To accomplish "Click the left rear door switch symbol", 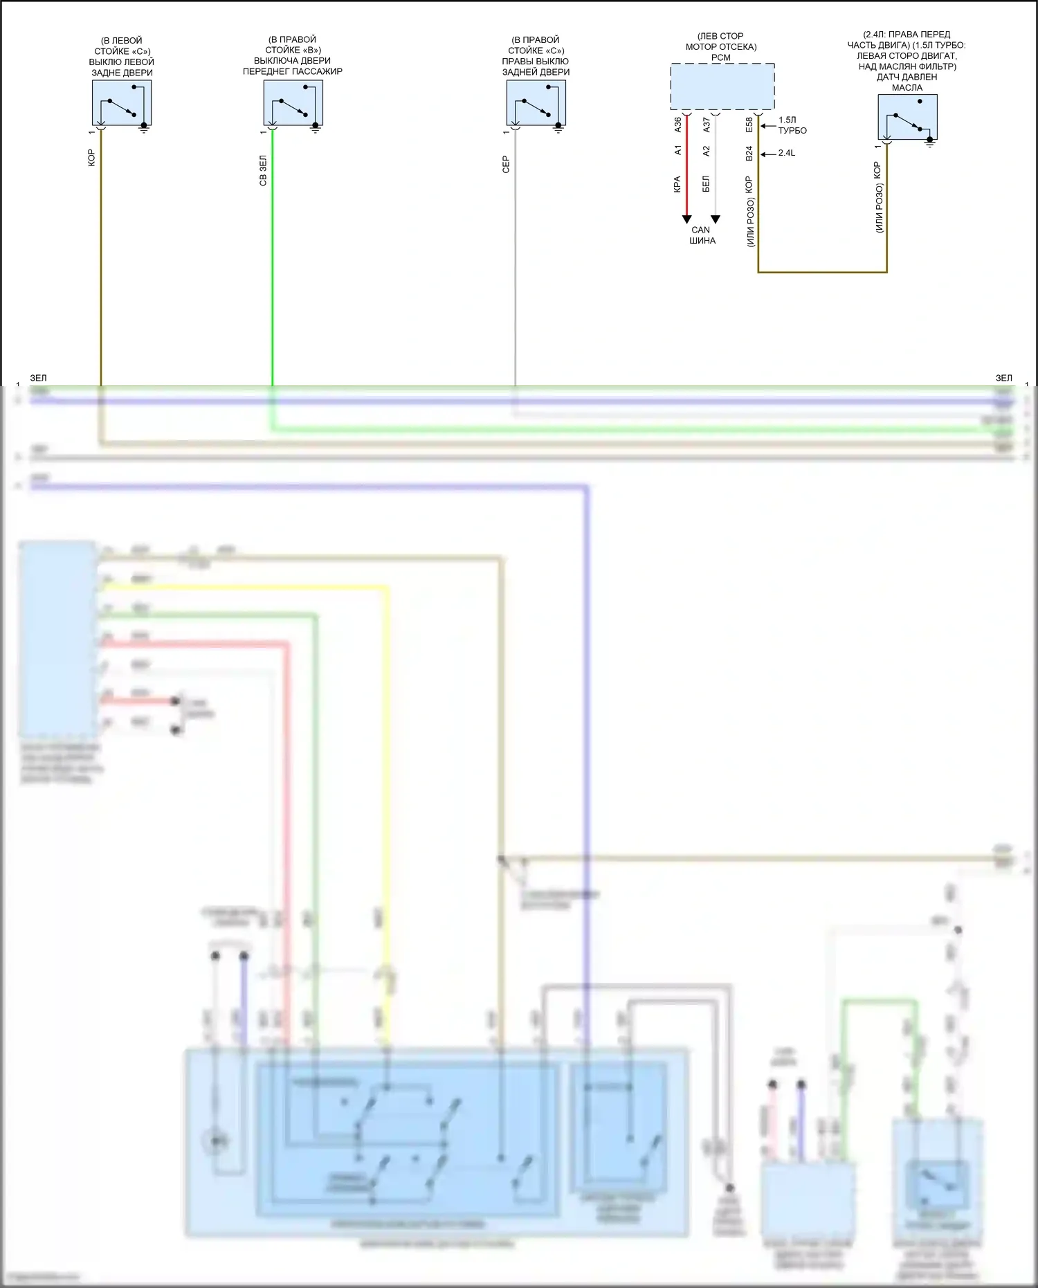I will tap(122, 102).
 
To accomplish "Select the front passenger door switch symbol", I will tap(293, 102).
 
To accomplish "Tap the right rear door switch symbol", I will tap(536, 102).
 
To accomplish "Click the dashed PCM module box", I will tap(722, 87).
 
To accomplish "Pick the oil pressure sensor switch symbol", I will tap(907, 117).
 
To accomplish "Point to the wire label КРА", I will tap(677, 184).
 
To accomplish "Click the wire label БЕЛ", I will tap(706, 184).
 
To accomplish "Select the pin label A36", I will tap(677, 125).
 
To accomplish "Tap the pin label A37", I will tap(707, 125).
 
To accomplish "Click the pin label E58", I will tap(749, 125).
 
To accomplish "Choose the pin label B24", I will tap(749, 153).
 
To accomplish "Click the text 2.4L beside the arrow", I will tap(787, 153).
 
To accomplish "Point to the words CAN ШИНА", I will tap(702, 235).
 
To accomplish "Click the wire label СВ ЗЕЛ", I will tap(263, 170).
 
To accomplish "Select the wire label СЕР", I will tap(506, 164).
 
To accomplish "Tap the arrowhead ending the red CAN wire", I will tap(686, 219).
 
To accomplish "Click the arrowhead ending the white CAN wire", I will tap(716, 219).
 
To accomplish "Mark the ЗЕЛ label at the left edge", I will tap(38, 378).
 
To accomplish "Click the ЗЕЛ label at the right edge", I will tap(1003, 378).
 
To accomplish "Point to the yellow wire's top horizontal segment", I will tap(242, 588).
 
